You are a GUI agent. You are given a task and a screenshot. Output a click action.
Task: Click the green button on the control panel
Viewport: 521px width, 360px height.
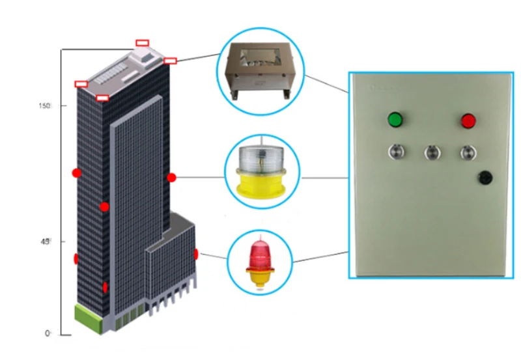tap(395, 120)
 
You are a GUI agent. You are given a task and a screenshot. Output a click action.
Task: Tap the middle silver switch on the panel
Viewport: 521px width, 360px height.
tap(431, 152)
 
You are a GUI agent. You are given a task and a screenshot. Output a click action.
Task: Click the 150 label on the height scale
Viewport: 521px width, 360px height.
tap(45, 105)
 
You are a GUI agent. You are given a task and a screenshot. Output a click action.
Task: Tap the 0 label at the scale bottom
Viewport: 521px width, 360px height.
tap(48, 333)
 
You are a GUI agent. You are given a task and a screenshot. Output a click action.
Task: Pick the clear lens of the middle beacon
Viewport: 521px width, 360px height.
tap(260, 159)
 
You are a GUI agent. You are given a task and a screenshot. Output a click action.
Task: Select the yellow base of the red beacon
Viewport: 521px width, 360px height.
tap(260, 277)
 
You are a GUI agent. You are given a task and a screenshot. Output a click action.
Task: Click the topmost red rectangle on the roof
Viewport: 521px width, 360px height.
tap(142, 43)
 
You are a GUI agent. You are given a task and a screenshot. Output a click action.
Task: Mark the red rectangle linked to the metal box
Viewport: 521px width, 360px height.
tap(170, 61)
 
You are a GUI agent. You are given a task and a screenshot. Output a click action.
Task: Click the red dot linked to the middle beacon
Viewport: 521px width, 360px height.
tap(171, 177)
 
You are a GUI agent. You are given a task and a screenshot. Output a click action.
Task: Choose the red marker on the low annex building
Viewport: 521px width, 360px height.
tap(195, 254)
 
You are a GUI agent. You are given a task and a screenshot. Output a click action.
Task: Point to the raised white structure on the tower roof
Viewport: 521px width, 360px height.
tap(145, 59)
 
